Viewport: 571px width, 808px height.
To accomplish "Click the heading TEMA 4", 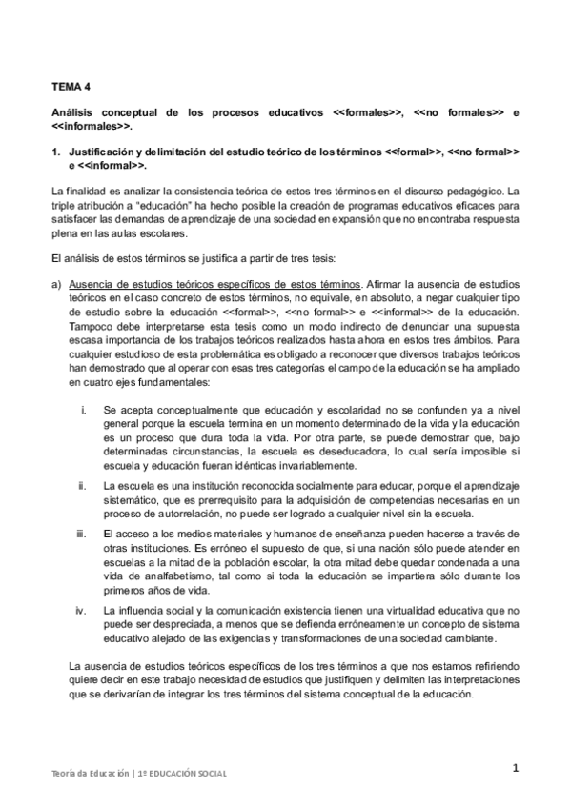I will [x=70, y=84].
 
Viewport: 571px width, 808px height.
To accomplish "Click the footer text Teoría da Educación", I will [x=90, y=774].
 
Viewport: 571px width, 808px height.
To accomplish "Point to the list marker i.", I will [x=85, y=409].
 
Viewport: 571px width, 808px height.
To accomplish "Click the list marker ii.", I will [x=84, y=486].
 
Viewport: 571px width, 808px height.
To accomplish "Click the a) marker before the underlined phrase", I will [x=56, y=284].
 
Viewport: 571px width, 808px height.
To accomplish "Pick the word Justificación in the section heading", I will [x=104, y=151].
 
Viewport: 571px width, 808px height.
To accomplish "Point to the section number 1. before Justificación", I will [x=56, y=151].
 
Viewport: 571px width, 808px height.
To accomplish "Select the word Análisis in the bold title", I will [x=74, y=112].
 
